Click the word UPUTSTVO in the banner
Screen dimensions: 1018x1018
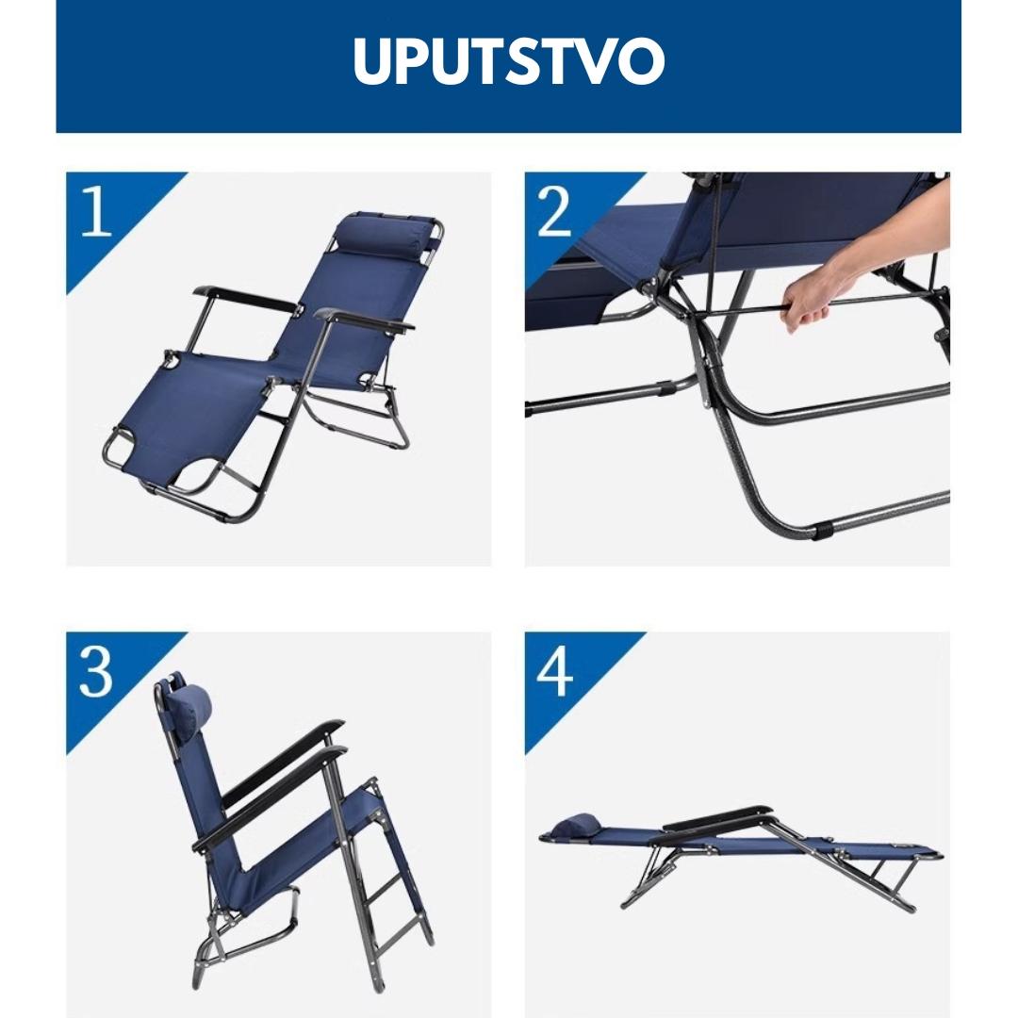508,62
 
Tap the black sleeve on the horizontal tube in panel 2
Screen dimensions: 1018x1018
666,387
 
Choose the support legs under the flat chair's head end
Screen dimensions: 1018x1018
650,877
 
